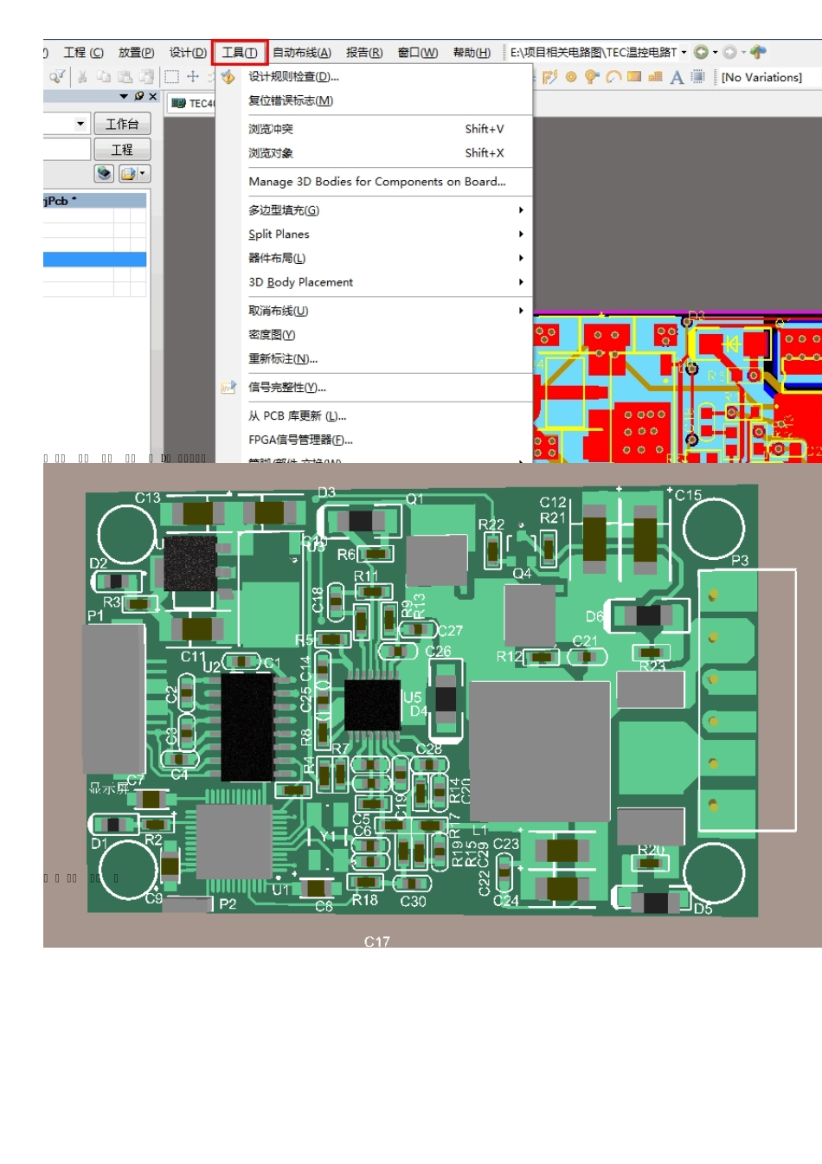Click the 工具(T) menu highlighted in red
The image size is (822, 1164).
click(240, 53)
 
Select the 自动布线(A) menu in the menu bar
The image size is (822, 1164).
click(302, 53)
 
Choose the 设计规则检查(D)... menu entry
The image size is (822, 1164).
click(293, 77)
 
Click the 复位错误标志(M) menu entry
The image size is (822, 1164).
click(291, 101)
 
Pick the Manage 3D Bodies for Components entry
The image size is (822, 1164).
click(376, 182)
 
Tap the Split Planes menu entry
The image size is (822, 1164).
click(279, 235)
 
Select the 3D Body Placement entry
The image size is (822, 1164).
click(300, 282)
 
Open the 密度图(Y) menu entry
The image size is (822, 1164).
click(272, 335)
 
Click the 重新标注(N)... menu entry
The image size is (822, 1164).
click(283, 359)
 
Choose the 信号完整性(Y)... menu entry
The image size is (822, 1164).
click(287, 388)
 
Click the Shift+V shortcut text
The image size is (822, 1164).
click(484, 130)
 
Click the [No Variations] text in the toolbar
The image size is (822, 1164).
click(761, 78)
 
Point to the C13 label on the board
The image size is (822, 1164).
click(147, 498)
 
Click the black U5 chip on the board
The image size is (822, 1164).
click(373, 704)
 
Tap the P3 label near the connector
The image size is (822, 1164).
click(740, 561)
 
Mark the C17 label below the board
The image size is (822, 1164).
click(377, 942)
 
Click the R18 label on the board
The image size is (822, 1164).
click(364, 900)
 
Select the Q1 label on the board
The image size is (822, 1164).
click(415, 499)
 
